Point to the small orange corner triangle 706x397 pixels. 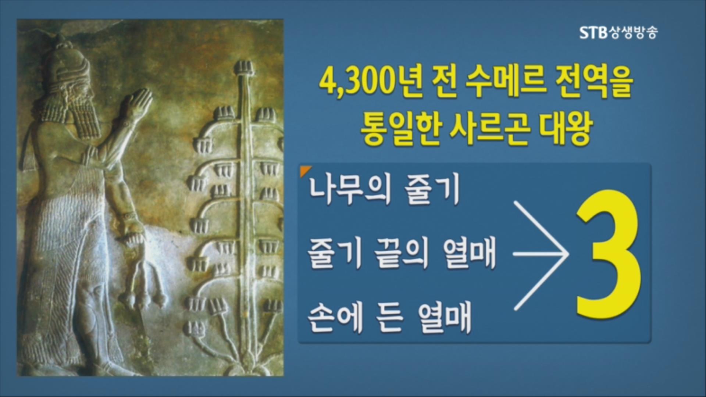[305, 171]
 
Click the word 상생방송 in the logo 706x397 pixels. [632, 33]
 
